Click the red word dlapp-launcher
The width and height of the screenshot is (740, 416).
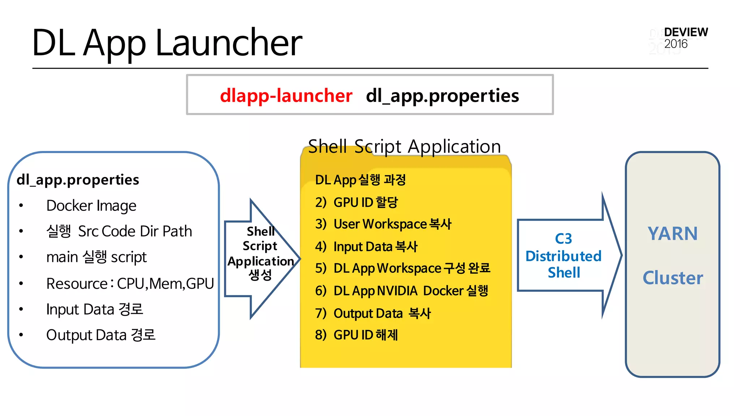click(x=286, y=96)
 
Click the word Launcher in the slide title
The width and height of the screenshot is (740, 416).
click(x=228, y=43)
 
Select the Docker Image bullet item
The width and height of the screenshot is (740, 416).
click(x=91, y=206)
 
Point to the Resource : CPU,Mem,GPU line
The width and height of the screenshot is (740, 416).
click(x=130, y=283)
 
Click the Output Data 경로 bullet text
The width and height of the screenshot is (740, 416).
click(x=100, y=335)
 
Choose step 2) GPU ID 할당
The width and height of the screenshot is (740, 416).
click(x=356, y=202)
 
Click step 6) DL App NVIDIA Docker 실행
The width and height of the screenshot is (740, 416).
click(x=401, y=291)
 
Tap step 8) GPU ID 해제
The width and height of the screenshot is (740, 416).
click(x=356, y=335)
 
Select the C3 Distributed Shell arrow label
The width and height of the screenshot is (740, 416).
click(x=563, y=255)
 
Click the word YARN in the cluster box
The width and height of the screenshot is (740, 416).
click(x=672, y=234)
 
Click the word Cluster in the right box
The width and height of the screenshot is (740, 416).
click(x=672, y=278)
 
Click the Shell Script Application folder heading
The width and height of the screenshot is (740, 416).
click(x=404, y=147)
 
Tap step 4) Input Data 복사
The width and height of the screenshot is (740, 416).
click(x=366, y=247)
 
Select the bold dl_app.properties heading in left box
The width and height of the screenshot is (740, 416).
click(x=78, y=179)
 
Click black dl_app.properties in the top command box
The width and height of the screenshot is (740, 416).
click(x=442, y=96)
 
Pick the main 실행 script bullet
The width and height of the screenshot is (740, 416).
click(x=96, y=257)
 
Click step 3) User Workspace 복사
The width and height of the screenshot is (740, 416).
click(x=383, y=224)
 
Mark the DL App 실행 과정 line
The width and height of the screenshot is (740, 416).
click(x=360, y=179)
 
